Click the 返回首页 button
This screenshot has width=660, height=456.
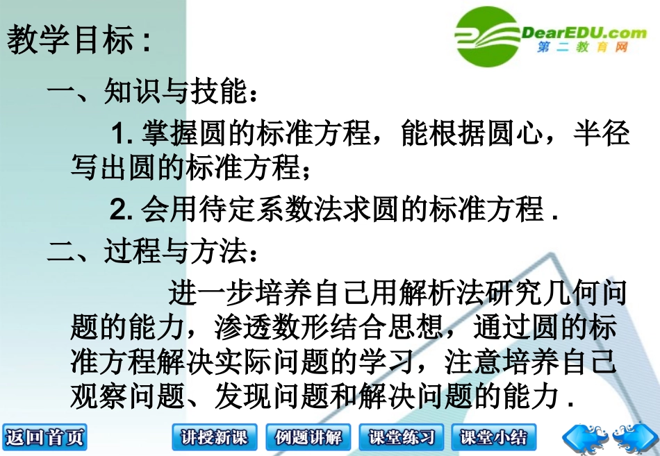44,437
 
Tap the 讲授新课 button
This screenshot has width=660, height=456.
214,437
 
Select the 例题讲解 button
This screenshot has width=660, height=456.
308,437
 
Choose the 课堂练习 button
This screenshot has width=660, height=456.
402,437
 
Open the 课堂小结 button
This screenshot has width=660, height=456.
495,437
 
